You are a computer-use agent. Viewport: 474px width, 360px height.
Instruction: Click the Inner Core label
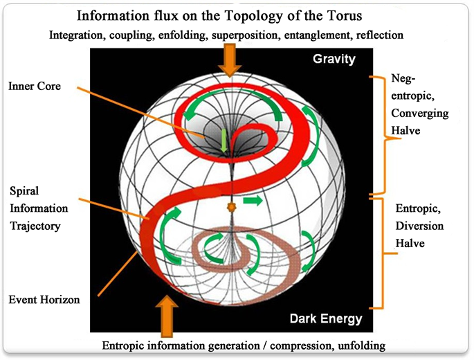[35, 87]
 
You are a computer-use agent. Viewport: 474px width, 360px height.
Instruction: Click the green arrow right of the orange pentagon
[253, 201]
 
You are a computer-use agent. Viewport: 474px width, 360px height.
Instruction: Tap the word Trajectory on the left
[36, 226]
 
